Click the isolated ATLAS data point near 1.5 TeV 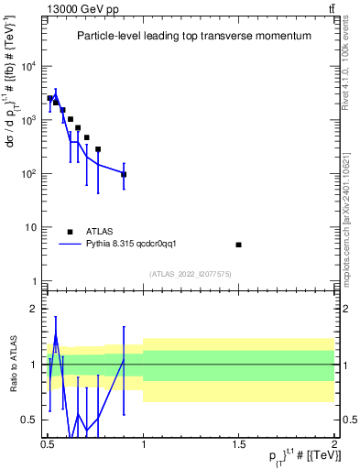point(239,245)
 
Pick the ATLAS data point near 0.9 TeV point(124,174)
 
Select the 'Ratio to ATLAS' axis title point(11,364)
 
